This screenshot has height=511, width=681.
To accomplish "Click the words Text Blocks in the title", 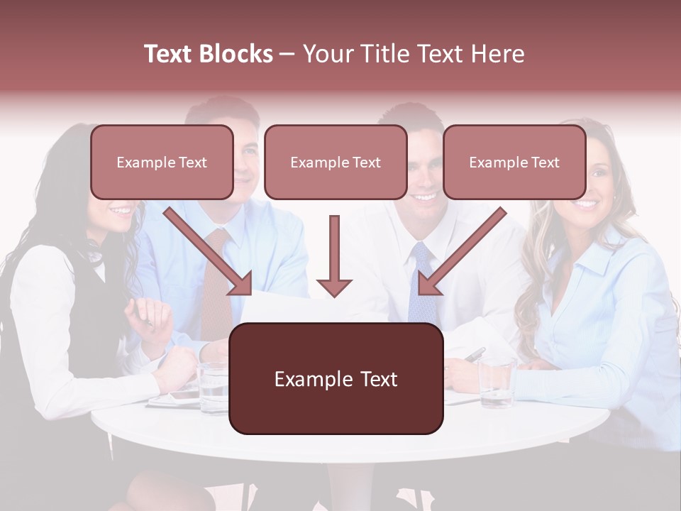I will coord(209,54).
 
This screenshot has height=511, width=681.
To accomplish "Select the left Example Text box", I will coord(162,163).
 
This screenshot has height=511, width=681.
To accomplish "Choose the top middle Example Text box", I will coord(336,163).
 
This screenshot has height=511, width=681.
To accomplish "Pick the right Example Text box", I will coord(514,163).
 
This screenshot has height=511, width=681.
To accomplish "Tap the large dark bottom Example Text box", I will coord(336,379).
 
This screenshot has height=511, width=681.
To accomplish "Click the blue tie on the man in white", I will coord(421,284).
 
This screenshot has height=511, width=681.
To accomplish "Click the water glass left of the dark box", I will coord(213,387).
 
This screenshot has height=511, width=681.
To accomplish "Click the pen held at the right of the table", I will coord(474,353).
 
